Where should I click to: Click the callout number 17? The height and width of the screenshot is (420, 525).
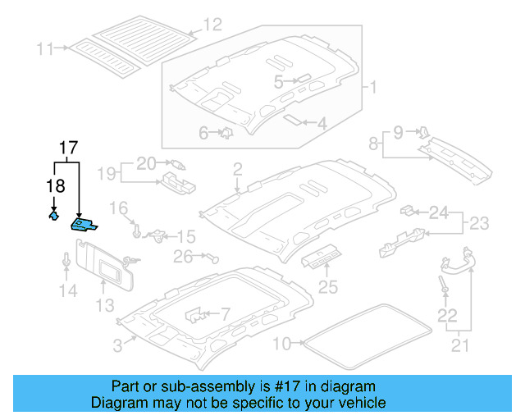click(x=68, y=148)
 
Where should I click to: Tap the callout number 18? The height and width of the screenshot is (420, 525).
click(x=54, y=186)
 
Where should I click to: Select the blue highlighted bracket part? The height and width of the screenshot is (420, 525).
click(x=84, y=225)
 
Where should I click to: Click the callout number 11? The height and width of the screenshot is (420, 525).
click(x=44, y=49)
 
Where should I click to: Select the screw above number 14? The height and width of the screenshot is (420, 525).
click(x=66, y=261)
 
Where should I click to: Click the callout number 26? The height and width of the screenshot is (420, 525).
click(x=183, y=258)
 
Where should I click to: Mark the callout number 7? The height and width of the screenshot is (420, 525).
click(x=226, y=313)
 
